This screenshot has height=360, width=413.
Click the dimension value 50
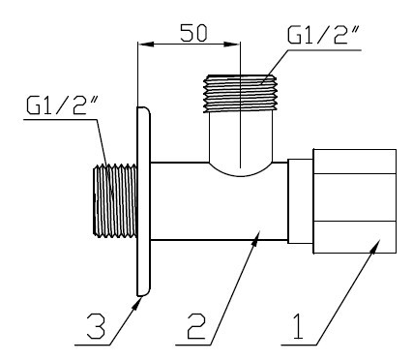pos(193,33)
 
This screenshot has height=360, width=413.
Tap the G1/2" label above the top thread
pos(322,35)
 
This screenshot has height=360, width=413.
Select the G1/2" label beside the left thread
pos(61,105)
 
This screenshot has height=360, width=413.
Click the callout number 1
pos(298,326)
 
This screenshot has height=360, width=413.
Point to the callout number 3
pos(96,326)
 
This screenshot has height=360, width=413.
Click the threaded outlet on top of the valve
pos(240,94)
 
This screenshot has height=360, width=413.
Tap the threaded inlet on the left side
pos(115,200)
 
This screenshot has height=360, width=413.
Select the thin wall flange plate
pos(144,201)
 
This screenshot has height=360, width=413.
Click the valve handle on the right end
pos(355,201)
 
